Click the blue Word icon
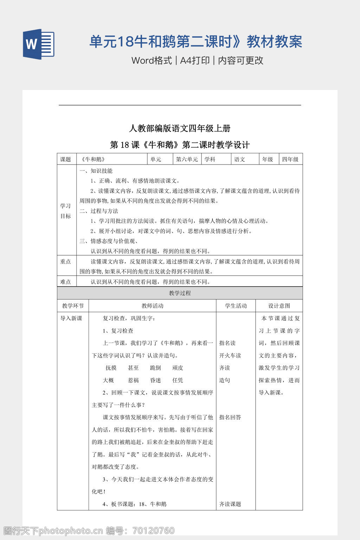[39, 44]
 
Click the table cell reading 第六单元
[187, 159]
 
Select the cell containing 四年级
[290, 159]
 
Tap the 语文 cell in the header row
[240, 159]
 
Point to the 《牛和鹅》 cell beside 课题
[93, 159]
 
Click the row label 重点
[66, 262]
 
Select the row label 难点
[66, 282]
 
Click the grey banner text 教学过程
[180, 293]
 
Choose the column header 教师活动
[152, 306]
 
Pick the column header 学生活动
[236, 306]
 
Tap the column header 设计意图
[279, 306]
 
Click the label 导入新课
[71, 318]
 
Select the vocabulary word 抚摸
[111, 368]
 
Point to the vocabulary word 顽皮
[178, 368]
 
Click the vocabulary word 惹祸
[133, 380]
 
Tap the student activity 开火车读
[230, 355]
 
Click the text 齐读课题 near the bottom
[230, 504]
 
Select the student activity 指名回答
[230, 417]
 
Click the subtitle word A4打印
[195, 60]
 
